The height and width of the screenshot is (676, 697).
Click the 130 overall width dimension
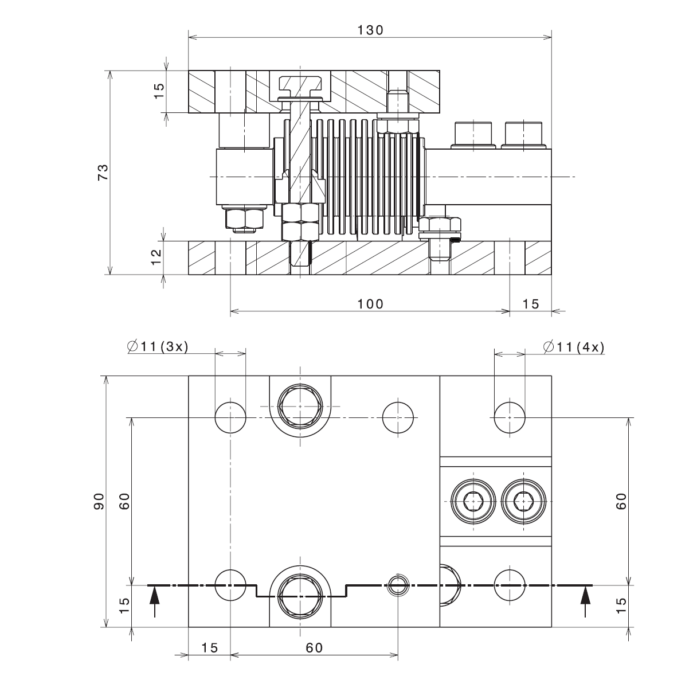tap(370, 30)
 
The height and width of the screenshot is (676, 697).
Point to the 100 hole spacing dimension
tap(370, 304)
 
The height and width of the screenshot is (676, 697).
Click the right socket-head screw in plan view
tap(522, 502)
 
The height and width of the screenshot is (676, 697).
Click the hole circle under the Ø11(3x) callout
tap(230, 417)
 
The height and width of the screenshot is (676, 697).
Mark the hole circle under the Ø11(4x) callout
tap(510, 417)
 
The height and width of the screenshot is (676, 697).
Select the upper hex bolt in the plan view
tap(299, 406)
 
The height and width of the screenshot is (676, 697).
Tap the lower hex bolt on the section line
tap(299, 594)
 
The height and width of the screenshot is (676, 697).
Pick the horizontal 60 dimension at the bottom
tap(314, 648)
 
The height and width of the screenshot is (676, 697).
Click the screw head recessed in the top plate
tap(300, 84)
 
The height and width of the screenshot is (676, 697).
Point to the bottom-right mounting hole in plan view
tap(510, 585)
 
